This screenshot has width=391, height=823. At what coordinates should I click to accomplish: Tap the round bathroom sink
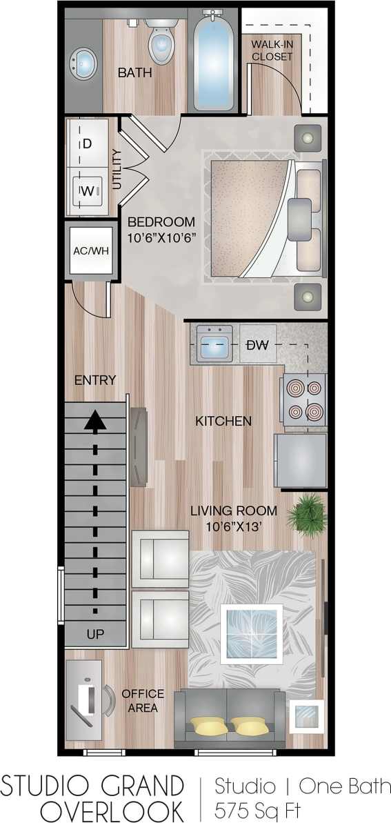(x=83, y=63)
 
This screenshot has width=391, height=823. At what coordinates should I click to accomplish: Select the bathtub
(x=214, y=61)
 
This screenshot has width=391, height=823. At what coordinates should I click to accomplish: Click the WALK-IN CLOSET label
(x=272, y=50)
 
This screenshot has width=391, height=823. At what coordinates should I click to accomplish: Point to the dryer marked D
(x=88, y=144)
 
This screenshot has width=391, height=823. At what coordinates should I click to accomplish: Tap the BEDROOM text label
(x=161, y=222)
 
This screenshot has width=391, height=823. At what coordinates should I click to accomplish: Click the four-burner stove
(x=303, y=399)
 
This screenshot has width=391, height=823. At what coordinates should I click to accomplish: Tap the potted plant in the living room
(x=308, y=513)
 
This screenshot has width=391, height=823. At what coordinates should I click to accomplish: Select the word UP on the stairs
(x=95, y=634)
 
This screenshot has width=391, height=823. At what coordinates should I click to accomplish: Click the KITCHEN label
(x=223, y=420)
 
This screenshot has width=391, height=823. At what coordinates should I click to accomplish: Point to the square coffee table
(x=251, y=633)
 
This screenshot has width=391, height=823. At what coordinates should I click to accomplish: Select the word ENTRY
(x=95, y=380)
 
